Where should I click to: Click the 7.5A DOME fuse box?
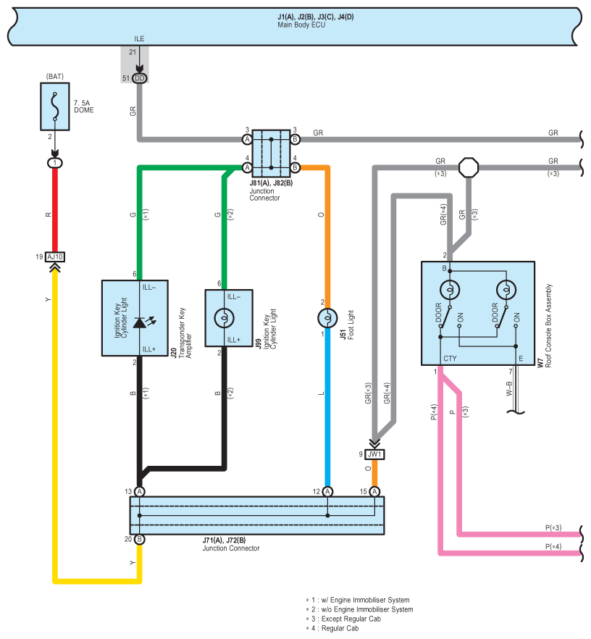tap(55, 106)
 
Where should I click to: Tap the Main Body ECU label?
tap(301, 25)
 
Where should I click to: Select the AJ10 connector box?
tap(55, 256)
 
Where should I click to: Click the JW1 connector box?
tap(374, 454)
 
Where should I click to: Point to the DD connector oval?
tap(140, 78)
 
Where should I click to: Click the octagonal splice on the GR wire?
tap(469, 167)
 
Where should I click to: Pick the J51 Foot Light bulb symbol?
tap(327, 318)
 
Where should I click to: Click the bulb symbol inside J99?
tap(224, 318)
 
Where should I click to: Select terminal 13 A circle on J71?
tap(140, 491)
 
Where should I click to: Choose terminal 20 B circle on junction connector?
tap(140, 539)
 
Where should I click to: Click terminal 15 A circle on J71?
tap(374, 491)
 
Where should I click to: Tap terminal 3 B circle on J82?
tap(295, 139)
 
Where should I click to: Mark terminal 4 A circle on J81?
tap(247, 167)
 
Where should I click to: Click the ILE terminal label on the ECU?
tap(139, 38)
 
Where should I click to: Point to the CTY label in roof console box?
tap(450, 359)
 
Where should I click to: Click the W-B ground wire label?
tap(509, 388)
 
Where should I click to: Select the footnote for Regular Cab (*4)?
tap(332, 628)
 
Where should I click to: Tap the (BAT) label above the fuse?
tap(55, 77)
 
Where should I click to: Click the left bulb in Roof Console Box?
tap(450, 290)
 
